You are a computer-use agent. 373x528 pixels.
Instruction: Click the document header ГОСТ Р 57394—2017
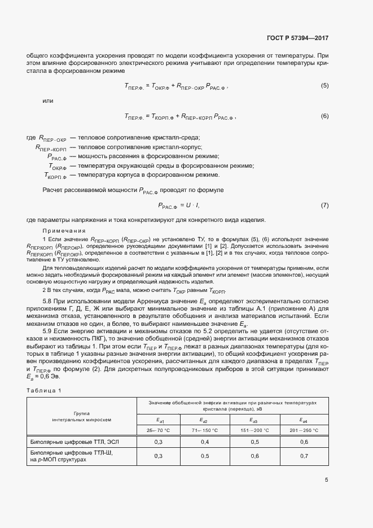[x=297, y=38]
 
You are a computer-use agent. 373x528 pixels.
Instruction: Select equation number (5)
[x=324, y=86]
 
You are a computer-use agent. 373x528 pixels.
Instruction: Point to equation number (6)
[x=324, y=116]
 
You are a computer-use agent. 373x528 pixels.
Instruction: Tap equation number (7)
[x=324, y=205]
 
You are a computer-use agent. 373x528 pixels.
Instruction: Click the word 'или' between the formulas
[x=48, y=101]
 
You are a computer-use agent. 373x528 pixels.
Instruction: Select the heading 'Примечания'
[x=64, y=230]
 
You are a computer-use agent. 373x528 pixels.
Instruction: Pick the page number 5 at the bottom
[x=327, y=481]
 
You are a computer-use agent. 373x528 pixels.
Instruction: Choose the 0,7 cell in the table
[x=304, y=455]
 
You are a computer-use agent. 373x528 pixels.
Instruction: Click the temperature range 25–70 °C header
[x=158, y=430]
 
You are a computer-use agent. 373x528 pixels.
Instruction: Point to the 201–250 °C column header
[x=304, y=430]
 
